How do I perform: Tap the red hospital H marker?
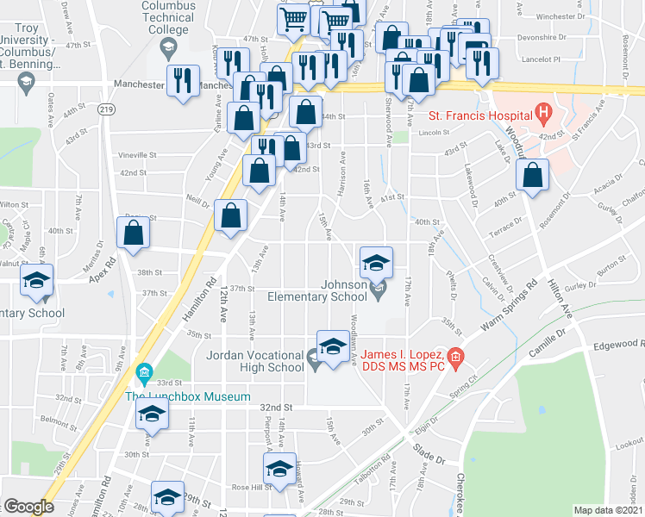pyautogui.click(x=543, y=111)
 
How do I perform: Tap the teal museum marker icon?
pyautogui.click(x=144, y=373)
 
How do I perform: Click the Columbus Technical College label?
pyautogui.click(x=169, y=18)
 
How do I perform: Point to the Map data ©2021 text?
pyautogui.click(x=609, y=510)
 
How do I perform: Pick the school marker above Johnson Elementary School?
pyautogui.click(x=376, y=262)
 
